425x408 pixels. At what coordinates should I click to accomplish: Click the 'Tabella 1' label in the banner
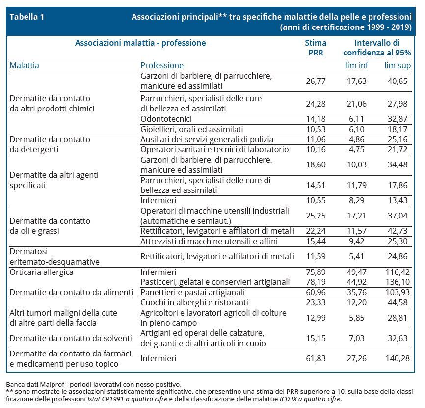click(x=27, y=17)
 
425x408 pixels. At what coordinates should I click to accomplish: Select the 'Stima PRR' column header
click(x=316, y=48)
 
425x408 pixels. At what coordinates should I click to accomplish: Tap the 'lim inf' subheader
click(x=357, y=65)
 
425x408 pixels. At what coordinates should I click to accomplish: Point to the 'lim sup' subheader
click(x=398, y=65)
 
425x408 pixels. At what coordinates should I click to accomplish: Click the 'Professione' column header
click(x=162, y=65)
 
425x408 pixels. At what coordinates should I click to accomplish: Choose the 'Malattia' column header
click(x=25, y=65)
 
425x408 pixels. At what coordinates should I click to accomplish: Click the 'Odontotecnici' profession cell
click(x=166, y=119)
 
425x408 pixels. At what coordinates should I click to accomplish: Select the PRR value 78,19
click(x=316, y=282)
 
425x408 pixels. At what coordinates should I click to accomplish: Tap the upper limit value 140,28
click(x=398, y=358)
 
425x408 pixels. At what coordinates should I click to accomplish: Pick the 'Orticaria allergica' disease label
click(x=42, y=272)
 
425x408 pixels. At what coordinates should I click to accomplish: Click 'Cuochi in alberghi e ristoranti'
click(x=194, y=302)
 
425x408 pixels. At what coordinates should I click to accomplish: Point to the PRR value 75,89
click(x=316, y=272)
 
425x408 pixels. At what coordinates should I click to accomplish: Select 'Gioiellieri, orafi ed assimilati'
click(x=191, y=129)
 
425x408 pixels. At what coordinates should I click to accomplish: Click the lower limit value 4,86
click(x=357, y=139)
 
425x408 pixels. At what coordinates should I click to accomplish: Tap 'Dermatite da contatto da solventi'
click(x=71, y=338)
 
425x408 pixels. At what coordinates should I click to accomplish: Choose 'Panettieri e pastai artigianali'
click(x=192, y=292)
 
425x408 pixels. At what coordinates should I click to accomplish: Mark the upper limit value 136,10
click(x=398, y=282)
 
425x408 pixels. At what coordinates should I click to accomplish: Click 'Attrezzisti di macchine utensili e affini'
click(x=209, y=241)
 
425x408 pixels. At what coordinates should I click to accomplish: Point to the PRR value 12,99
click(x=316, y=318)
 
